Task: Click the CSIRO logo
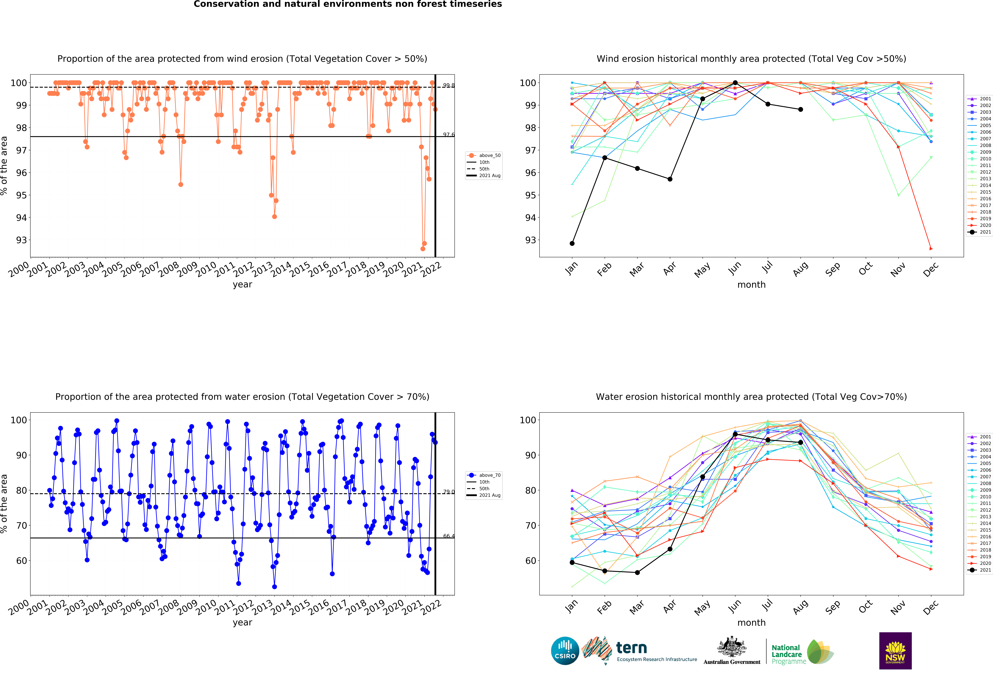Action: coord(565,651)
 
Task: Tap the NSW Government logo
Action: coord(895,651)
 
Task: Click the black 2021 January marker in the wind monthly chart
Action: coord(572,243)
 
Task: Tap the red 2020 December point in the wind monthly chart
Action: coord(931,249)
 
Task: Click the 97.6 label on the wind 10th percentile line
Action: coord(449,135)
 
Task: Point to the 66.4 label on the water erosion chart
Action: coord(449,536)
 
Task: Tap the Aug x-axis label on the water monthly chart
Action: coord(800,607)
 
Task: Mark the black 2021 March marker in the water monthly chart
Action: coord(637,572)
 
